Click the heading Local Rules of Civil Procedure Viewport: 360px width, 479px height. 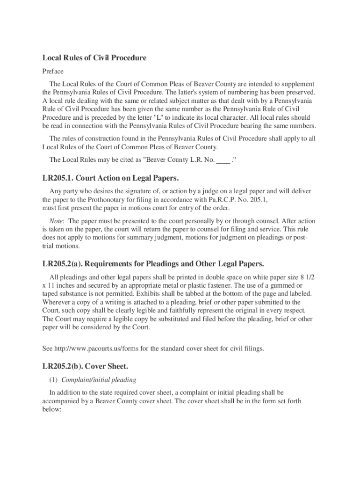pos(94,58)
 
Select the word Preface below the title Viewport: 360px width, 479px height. pos(53,72)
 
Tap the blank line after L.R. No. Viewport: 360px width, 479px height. pos(223,160)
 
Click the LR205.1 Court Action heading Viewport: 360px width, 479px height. pos(111,179)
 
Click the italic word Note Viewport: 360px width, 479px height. pos(57,221)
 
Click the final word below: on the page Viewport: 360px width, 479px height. pos(52,409)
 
